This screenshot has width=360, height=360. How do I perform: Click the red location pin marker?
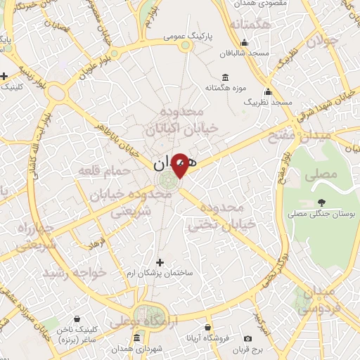[181, 165]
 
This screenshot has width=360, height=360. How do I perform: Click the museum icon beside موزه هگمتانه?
[224, 77]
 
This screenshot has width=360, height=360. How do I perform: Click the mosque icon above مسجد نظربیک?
[268, 92]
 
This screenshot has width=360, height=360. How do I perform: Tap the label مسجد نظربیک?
[268, 103]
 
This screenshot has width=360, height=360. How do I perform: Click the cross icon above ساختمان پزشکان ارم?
[160, 262]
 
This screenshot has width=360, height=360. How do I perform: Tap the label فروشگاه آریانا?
[208, 337]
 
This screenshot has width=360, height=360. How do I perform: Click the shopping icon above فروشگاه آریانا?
[208, 327]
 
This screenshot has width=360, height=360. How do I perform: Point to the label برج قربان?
[247, 348]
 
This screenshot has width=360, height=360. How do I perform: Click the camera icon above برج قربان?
[247, 338]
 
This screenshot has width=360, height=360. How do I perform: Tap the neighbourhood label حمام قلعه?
[104, 171]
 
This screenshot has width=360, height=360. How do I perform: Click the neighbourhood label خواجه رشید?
[74, 271]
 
